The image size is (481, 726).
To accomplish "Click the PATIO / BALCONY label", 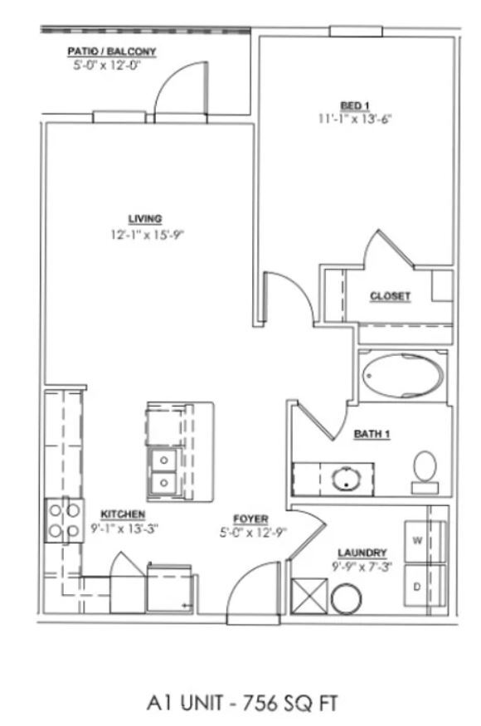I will (x=111, y=51).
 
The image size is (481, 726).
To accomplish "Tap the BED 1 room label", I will (x=354, y=105).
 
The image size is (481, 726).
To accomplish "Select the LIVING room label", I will (x=144, y=219).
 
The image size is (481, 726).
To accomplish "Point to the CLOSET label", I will (x=390, y=296).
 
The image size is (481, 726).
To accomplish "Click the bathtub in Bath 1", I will (x=403, y=377).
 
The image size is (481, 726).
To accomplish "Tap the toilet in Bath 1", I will (x=425, y=467).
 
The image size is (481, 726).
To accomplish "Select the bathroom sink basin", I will (x=343, y=478).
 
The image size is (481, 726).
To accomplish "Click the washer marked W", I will (x=424, y=540).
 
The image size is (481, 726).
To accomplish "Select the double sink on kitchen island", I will (x=163, y=470).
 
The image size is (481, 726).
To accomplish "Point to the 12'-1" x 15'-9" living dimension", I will (x=144, y=234).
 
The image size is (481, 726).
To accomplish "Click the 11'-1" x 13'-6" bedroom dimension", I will (x=354, y=119).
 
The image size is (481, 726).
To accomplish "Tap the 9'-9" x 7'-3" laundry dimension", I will (x=362, y=567).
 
